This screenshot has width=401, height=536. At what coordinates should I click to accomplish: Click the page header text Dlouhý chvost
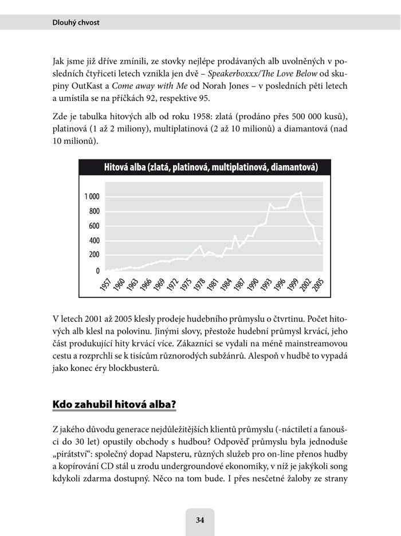76,22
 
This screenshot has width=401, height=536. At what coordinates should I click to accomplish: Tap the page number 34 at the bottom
200,521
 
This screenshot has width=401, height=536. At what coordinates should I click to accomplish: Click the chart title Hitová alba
211,167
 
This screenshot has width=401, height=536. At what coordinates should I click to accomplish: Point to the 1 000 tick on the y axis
92,197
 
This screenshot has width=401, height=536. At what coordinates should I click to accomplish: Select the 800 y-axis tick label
93,212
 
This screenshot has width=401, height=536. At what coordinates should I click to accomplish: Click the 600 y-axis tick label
93,226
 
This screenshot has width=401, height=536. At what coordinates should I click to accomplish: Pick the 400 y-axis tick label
93,241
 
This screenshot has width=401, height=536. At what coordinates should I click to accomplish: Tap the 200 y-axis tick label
93,255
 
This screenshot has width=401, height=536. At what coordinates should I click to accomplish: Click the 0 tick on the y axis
97,271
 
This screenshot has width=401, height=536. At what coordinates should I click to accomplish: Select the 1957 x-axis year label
105,284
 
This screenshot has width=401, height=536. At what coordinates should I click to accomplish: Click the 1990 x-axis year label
252,284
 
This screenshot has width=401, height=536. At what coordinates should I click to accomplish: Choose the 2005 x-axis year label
319,284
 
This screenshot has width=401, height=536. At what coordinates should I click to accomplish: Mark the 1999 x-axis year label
292,284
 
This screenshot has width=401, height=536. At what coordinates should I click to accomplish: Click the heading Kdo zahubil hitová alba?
113,404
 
